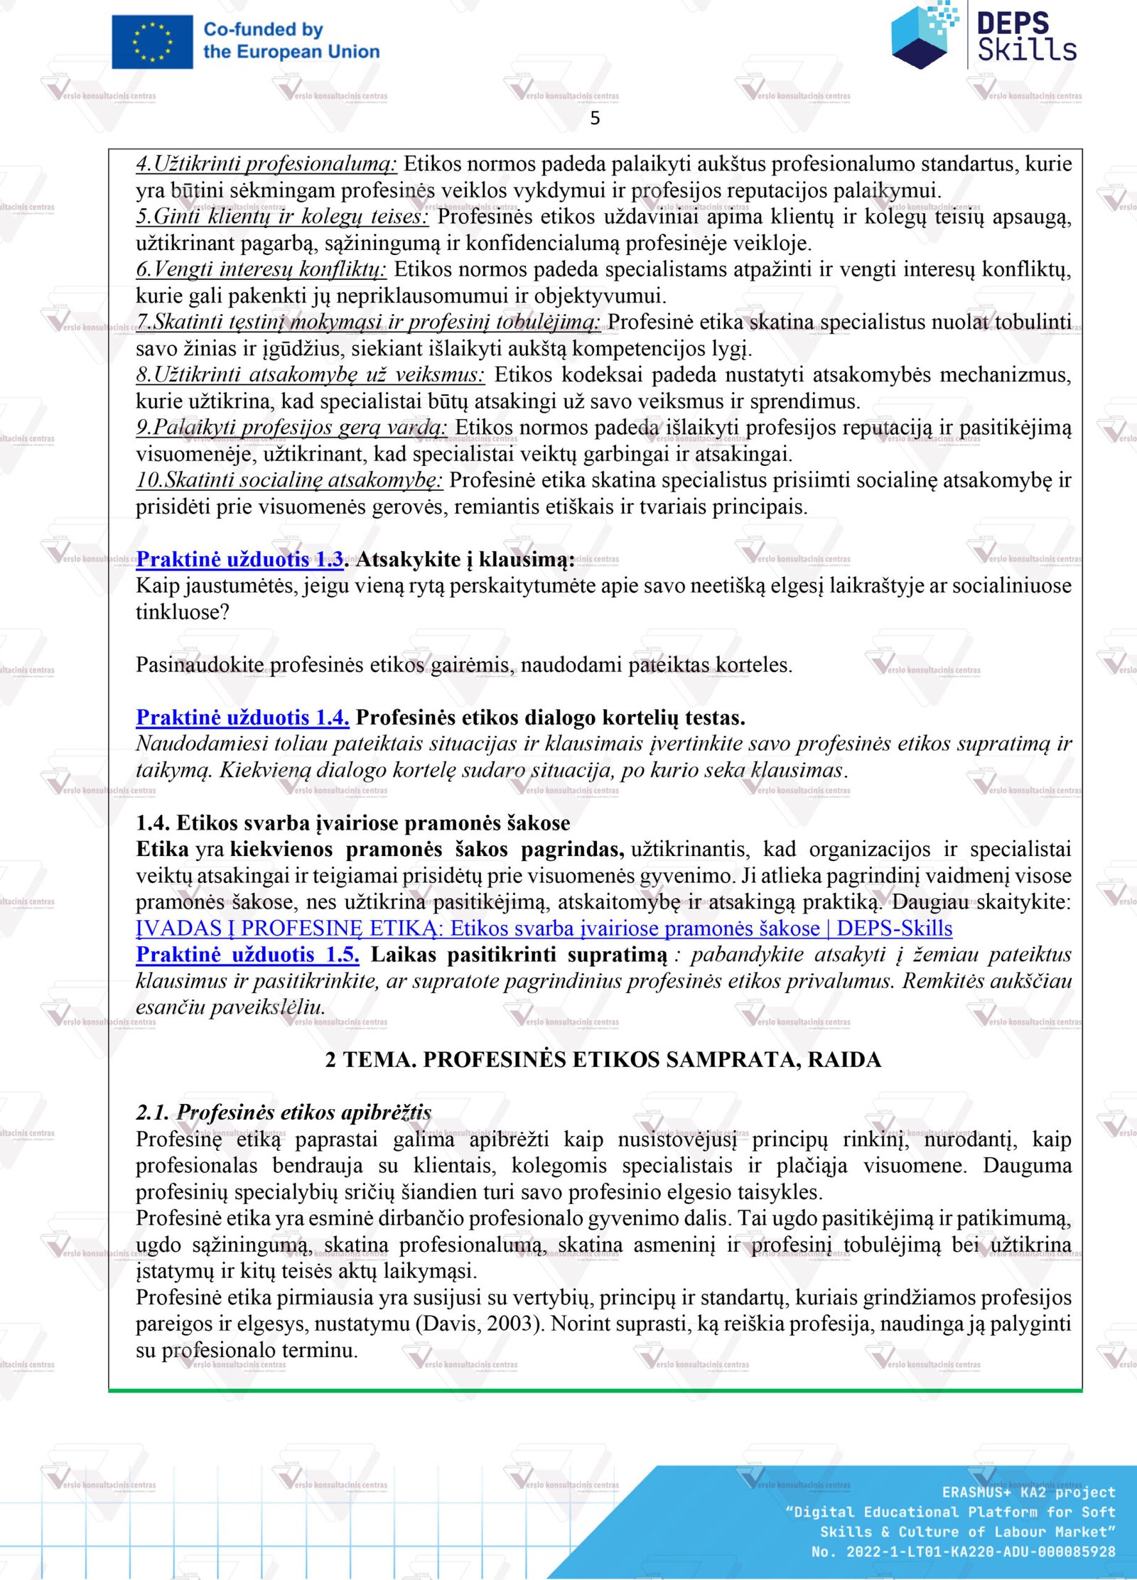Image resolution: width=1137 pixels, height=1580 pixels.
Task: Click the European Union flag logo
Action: coord(152,42)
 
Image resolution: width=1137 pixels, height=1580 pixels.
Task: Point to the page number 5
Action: coord(595,118)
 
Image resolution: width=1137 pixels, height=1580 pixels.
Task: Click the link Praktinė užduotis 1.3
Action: coord(240,560)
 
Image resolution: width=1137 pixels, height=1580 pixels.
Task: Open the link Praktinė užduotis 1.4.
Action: coord(242,718)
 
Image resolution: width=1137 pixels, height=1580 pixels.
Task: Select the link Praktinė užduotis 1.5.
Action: coord(247,955)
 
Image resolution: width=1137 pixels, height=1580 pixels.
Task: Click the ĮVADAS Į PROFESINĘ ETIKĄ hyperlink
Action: coord(544,929)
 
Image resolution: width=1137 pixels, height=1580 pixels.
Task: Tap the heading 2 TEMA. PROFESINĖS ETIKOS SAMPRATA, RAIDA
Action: coord(603,1059)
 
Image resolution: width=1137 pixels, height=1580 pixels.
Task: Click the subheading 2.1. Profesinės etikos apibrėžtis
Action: coord(284,1112)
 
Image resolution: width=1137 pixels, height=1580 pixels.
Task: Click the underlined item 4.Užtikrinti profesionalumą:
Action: coord(266,164)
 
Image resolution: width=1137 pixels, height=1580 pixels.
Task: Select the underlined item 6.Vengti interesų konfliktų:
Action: coord(262,269)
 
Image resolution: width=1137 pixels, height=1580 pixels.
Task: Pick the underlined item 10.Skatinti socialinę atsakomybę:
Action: coord(290,480)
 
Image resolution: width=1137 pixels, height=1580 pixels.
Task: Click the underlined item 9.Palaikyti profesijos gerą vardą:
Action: coord(291,428)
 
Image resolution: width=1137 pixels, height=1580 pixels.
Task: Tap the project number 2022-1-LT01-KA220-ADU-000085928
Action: coord(981,1552)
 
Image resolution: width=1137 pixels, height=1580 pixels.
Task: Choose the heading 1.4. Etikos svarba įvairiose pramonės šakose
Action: coord(353,823)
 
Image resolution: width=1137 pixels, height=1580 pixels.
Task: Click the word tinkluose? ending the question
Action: coord(183,612)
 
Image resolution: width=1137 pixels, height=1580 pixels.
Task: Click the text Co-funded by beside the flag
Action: coord(263,30)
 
